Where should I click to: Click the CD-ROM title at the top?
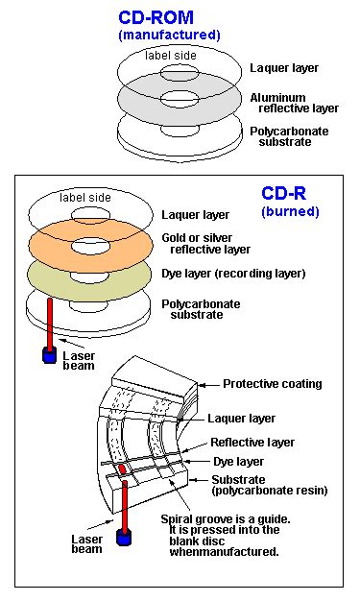tap(169, 17)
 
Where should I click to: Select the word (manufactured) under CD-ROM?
tap(169, 35)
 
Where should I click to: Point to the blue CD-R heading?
tap(289, 193)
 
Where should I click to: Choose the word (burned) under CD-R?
tap(290, 210)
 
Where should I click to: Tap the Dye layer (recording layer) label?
tap(249, 274)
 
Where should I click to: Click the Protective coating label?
tap(272, 384)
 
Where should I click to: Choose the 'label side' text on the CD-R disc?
tap(85, 199)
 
